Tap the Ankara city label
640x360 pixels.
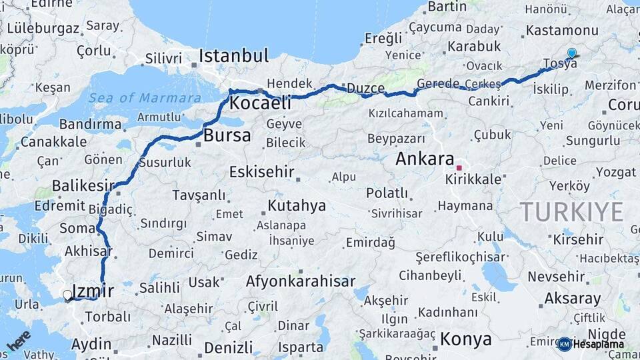click(x=424, y=159)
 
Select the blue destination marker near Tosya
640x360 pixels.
click(x=571, y=53)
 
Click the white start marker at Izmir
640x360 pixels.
click(x=67, y=295)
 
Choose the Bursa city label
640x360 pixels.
click(x=227, y=136)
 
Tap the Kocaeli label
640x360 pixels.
click(x=261, y=103)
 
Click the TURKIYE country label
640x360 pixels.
click(x=571, y=212)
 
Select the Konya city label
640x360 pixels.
click(x=466, y=339)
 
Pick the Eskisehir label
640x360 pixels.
click(x=261, y=172)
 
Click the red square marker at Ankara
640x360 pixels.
click(x=459, y=167)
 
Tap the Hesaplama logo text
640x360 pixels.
click(x=598, y=344)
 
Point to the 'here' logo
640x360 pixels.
click(x=19, y=341)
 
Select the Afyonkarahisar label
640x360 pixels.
click(x=300, y=281)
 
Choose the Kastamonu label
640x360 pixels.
click(x=562, y=31)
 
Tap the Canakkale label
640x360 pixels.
click(x=53, y=141)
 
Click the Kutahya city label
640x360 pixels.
click(x=297, y=205)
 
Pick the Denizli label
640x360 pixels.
click(x=229, y=347)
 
